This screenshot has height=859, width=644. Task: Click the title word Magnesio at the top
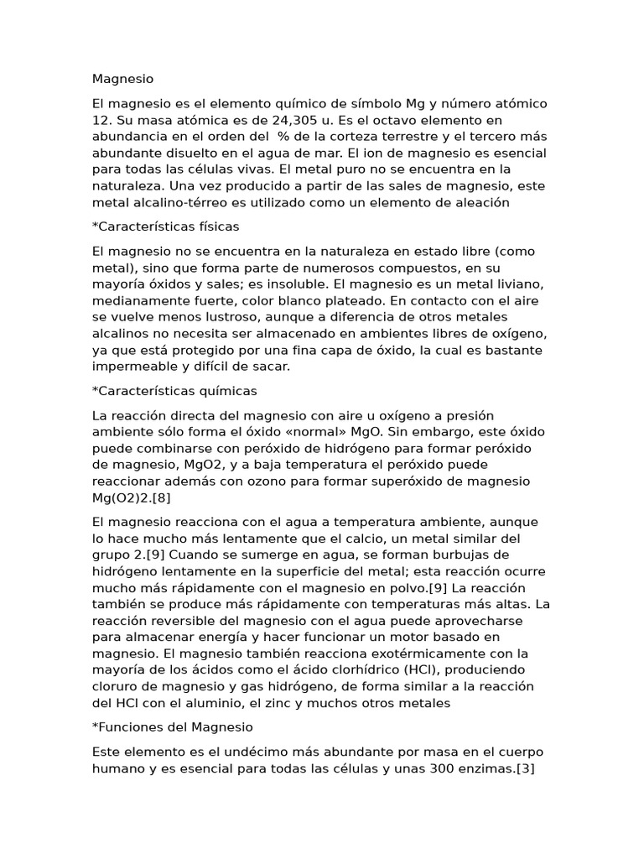123,80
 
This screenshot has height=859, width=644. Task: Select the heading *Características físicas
166,226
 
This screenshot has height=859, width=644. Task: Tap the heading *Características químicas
174,391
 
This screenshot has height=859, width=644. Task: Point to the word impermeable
134,366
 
